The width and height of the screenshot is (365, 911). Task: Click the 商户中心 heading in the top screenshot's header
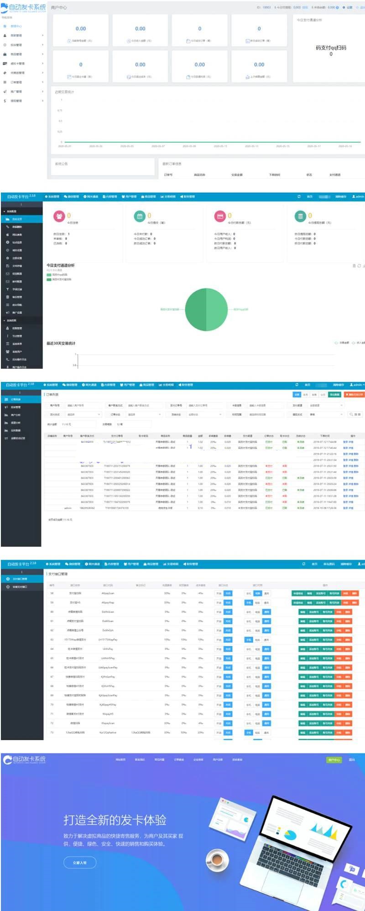(59, 8)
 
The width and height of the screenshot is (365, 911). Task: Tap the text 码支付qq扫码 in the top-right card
(331, 47)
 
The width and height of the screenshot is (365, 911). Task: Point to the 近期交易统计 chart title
(64, 92)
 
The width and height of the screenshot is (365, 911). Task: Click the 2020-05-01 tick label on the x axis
(65, 147)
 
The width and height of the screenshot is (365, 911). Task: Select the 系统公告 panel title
(62, 163)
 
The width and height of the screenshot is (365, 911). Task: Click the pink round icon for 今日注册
(59, 216)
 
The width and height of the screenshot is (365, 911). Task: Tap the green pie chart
(206, 309)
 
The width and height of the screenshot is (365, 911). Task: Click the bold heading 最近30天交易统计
(61, 343)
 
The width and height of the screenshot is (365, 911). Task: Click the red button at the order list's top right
(354, 394)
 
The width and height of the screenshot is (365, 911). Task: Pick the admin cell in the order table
(68, 508)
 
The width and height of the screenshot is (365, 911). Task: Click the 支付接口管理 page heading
(58, 574)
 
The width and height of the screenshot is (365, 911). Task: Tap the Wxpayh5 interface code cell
(108, 714)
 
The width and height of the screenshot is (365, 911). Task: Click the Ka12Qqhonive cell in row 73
(108, 733)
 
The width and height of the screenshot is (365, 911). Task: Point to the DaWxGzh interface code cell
(108, 630)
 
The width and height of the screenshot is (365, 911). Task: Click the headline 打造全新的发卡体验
(115, 820)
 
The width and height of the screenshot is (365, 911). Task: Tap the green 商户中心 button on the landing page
(334, 760)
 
